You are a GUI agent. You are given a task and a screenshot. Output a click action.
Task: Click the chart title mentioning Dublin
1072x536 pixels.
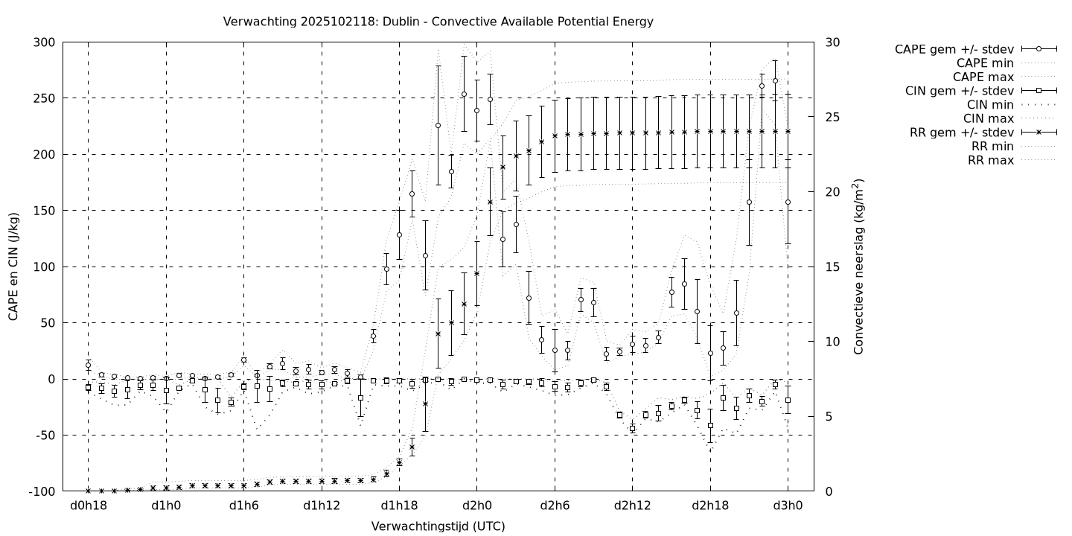[x=438, y=22]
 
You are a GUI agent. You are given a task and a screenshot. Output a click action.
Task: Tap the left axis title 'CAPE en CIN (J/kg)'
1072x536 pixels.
[x=13, y=267]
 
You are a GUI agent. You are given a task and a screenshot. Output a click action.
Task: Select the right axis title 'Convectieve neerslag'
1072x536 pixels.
[x=858, y=267]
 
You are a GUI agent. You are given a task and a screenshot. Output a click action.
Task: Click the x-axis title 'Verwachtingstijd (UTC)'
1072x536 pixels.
[x=438, y=526]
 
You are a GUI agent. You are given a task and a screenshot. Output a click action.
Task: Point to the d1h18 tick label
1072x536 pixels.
[x=399, y=507]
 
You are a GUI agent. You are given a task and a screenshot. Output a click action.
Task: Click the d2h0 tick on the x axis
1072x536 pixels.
[x=477, y=507]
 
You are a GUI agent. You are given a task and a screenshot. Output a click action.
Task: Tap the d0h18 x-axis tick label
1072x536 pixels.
[x=88, y=507]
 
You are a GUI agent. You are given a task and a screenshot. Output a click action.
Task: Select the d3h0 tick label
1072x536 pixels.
[x=788, y=507]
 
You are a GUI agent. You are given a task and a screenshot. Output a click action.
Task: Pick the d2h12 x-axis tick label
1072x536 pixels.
[x=632, y=507]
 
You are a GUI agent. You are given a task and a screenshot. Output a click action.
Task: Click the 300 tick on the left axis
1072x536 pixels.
[x=43, y=42]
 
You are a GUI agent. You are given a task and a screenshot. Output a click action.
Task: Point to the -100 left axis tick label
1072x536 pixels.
[x=40, y=491]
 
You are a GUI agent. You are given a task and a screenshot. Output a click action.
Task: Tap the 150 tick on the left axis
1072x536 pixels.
[x=43, y=211]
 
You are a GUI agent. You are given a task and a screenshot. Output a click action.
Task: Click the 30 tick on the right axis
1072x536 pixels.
[x=832, y=42]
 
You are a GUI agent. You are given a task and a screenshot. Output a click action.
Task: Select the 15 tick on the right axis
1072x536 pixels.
[x=832, y=267]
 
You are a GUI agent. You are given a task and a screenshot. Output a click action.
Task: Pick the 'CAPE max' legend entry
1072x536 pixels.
[x=985, y=77]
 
